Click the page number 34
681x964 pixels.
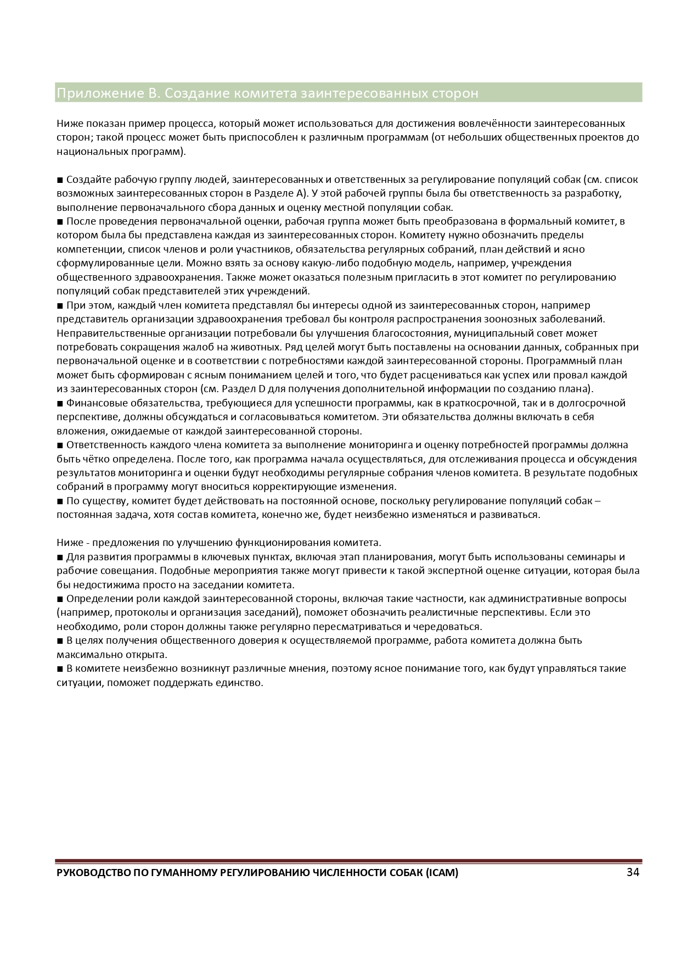point(633,872)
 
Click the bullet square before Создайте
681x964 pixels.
point(60,180)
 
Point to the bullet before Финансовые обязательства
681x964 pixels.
point(60,403)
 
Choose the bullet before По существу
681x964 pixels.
point(60,501)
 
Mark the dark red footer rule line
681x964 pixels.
point(348,861)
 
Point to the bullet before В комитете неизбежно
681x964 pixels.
point(60,669)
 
